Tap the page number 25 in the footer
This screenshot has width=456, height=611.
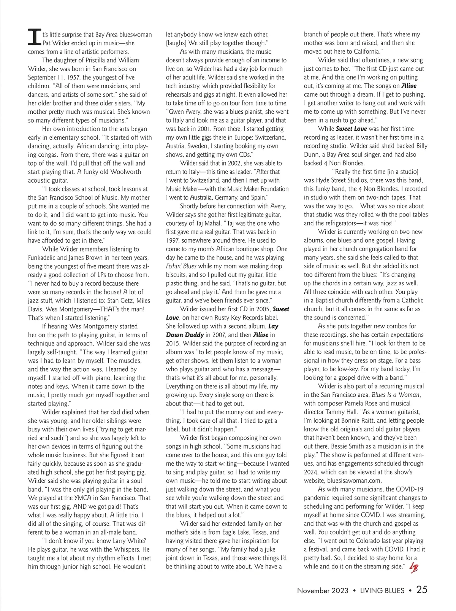point(422,590)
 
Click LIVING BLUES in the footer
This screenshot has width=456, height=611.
point(382,591)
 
